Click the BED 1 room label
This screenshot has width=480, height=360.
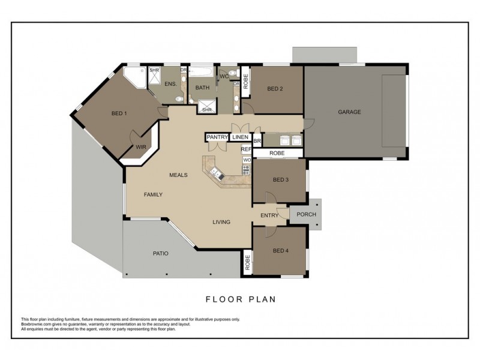click(119, 113)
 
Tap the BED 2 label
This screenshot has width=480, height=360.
click(275, 89)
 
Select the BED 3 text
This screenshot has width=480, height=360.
click(281, 180)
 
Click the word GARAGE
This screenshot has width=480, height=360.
click(349, 112)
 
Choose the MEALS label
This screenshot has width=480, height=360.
click(179, 175)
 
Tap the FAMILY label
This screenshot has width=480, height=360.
click(153, 194)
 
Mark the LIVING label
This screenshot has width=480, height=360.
click(221, 222)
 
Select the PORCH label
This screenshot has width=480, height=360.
click(307, 215)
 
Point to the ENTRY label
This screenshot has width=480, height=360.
click(269, 215)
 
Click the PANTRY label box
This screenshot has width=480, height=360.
click(217, 137)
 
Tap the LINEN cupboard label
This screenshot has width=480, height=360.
click(241, 137)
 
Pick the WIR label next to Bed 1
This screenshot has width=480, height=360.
click(141, 146)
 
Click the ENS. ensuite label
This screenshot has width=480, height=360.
click(170, 85)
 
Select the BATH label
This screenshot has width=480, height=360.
click(202, 88)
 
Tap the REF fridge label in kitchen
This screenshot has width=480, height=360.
click(245, 149)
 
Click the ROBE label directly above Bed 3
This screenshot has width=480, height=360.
click(277, 153)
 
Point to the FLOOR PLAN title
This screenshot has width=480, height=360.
click(241, 299)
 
